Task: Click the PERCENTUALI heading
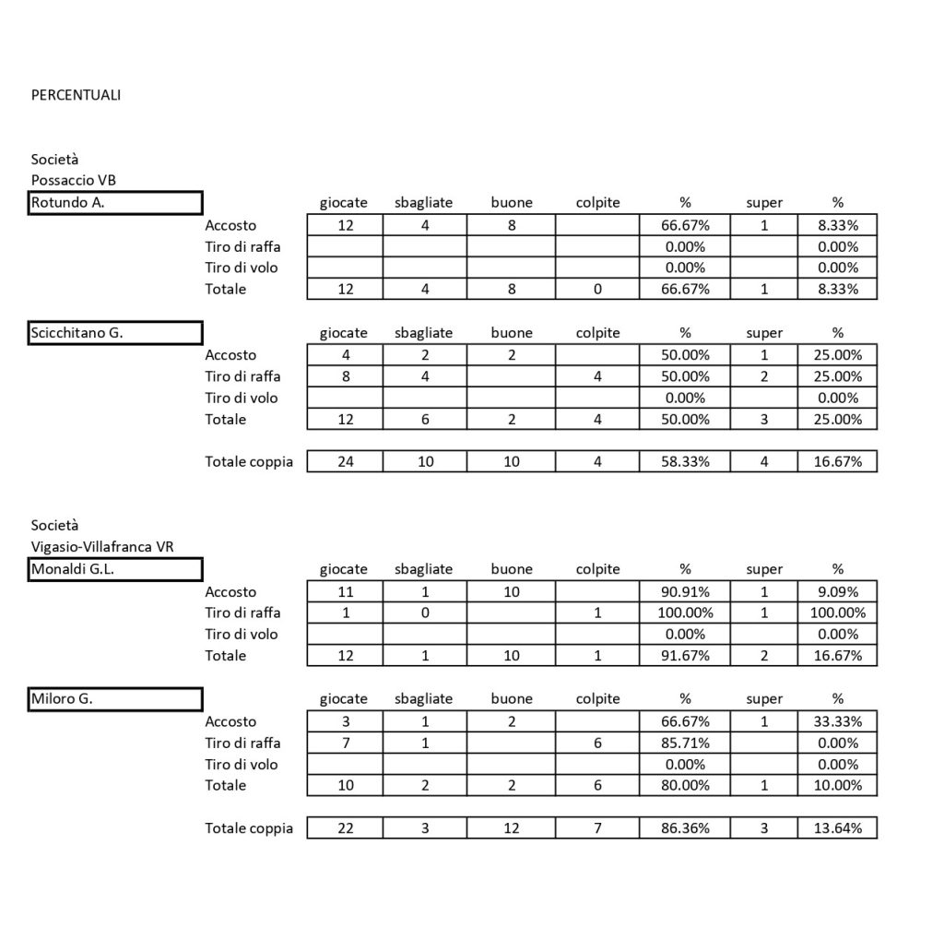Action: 76,95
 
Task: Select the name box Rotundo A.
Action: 116,203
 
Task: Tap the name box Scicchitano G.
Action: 116,333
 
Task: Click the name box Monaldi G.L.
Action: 116,570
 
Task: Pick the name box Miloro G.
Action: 116,699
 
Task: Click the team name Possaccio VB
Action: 74,180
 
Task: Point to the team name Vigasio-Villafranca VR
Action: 102,546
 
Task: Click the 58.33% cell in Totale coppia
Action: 685,461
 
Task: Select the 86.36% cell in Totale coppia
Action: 685,827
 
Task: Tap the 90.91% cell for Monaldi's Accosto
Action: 685,592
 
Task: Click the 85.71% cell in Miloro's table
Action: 685,743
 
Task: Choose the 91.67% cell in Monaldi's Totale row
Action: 685,656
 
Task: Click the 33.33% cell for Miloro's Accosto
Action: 837,721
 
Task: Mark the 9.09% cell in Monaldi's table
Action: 837,592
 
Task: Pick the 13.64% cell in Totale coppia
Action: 837,827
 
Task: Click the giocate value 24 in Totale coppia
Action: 346,461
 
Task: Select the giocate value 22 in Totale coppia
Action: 346,827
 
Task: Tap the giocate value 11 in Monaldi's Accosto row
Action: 346,592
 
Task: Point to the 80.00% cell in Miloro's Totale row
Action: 685,785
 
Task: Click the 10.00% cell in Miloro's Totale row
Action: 837,785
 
